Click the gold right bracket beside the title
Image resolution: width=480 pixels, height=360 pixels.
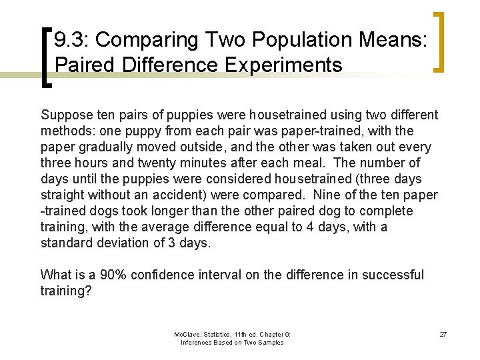(439, 41)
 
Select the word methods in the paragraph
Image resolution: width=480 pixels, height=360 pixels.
(66, 131)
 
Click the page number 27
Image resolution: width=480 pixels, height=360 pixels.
(443, 333)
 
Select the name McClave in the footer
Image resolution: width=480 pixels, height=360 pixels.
(187, 333)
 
